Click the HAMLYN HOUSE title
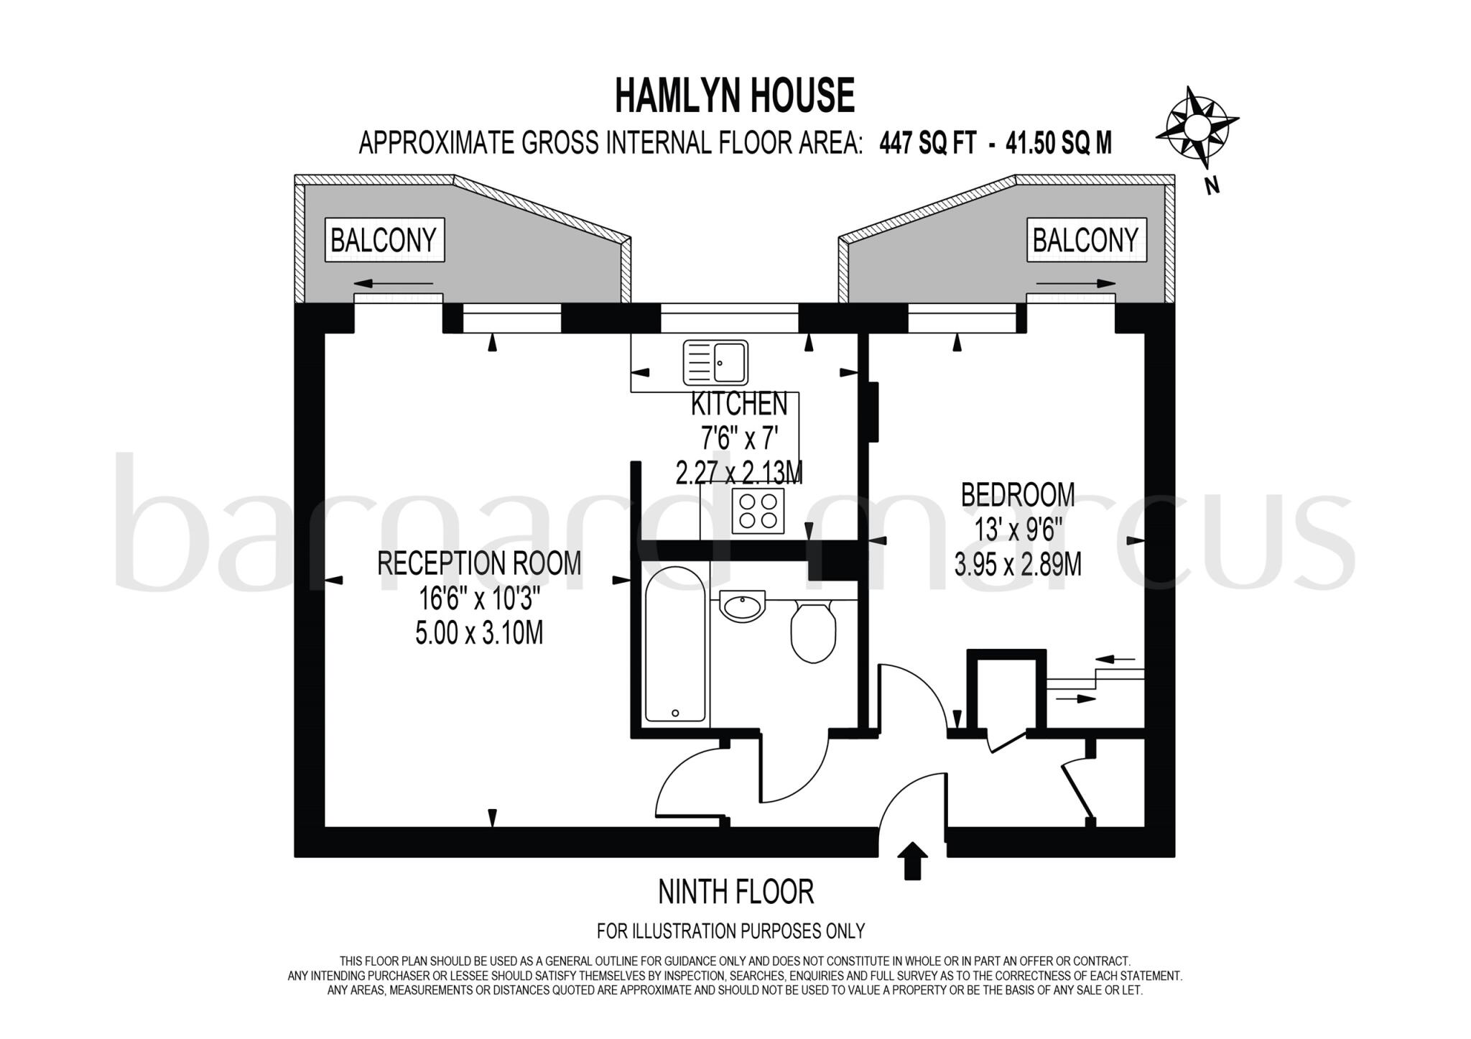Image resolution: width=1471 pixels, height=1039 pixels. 735,96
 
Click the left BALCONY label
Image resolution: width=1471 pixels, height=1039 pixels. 384,240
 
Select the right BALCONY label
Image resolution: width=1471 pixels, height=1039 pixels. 1085,240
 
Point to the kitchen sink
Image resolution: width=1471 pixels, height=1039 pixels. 715,362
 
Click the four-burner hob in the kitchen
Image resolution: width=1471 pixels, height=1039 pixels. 758,510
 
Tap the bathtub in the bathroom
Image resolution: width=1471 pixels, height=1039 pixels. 674,644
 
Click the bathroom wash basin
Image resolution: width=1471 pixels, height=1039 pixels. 742,606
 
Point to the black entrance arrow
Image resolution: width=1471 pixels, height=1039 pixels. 912,860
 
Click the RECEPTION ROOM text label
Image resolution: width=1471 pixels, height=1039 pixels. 479,563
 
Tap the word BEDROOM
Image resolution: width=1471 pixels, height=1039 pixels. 1018,495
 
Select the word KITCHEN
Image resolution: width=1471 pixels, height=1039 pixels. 739,405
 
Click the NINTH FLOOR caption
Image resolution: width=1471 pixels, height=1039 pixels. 736,892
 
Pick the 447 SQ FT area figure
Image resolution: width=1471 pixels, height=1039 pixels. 927,144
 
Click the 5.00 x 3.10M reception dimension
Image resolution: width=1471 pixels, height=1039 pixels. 479,633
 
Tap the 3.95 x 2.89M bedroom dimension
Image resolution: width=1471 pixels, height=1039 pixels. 1018,564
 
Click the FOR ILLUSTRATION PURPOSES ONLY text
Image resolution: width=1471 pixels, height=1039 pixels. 730,931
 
